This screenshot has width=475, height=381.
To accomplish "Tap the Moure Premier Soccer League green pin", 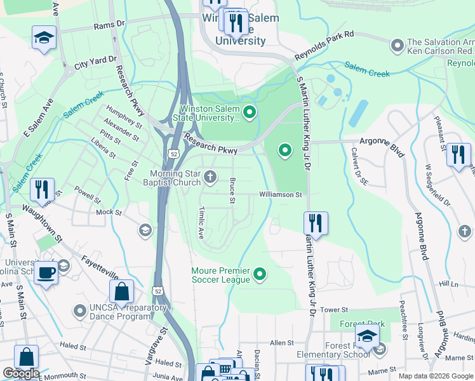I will pyautogui.click(x=259, y=274).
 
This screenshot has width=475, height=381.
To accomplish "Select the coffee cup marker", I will pyautogui.click(x=45, y=273).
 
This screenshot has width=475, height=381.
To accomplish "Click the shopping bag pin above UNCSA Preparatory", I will pyautogui.click(x=122, y=291).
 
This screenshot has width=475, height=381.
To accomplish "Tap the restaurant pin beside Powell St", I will pyautogui.click(x=42, y=189).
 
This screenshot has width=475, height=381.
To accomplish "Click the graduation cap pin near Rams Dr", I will pyautogui.click(x=44, y=37).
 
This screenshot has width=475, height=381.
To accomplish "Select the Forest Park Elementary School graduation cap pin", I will pyautogui.click(x=367, y=337).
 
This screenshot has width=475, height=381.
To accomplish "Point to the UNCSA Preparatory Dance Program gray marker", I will pyautogui.click(x=79, y=311).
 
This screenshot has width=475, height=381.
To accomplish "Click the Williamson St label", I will pyautogui.click(x=280, y=195).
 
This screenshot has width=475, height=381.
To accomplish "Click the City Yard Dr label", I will pyautogui.click(x=96, y=62).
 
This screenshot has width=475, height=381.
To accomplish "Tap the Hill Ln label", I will pyautogui.click(x=448, y=284).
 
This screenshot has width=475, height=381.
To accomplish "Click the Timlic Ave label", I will pyautogui.click(x=201, y=222).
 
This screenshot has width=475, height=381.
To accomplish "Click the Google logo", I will pyautogui.click(x=20, y=374).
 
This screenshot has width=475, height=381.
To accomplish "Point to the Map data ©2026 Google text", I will pyautogui.click(x=435, y=376).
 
